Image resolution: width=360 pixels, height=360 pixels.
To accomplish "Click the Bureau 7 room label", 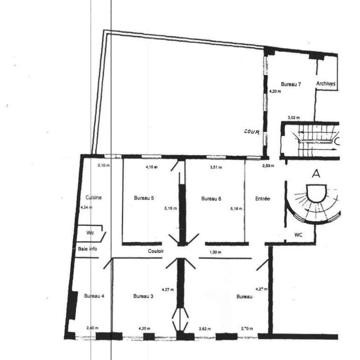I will coord(291,84).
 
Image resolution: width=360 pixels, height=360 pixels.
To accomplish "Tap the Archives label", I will coord(326,83).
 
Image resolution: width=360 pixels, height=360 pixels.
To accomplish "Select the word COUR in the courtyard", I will coord(252,132).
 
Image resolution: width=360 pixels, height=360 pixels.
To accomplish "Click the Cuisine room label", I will coord(94,198).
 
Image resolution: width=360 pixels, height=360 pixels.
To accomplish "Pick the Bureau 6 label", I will coord(211,198).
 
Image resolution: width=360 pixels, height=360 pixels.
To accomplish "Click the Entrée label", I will coord(262,198).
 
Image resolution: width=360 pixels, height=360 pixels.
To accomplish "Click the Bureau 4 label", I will coord(94,296).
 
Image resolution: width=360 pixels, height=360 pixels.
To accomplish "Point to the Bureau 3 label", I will coord(143,296).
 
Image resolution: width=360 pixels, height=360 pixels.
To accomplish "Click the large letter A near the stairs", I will coord(316,174).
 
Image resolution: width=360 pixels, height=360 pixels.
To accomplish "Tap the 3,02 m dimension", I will coord(293,118).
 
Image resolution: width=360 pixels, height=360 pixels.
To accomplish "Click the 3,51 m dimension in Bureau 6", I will coord(215,166).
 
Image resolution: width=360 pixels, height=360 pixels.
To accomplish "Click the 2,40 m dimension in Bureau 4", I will coord(92,328).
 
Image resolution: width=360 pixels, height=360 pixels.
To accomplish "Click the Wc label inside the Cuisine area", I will coord(90,232).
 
